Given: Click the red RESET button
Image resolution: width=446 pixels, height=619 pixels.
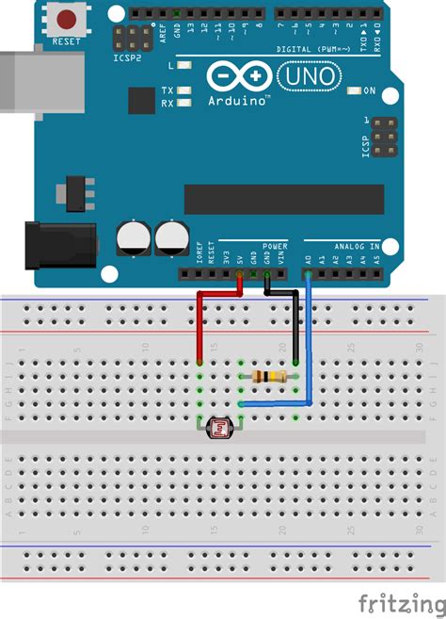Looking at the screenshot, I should (x=67, y=19).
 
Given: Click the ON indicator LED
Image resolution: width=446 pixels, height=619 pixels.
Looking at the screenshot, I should (x=355, y=91).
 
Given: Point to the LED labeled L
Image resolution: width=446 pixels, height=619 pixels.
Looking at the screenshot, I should (x=185, y=66).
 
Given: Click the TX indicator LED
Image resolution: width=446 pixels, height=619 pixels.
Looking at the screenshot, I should (x=185, y=90).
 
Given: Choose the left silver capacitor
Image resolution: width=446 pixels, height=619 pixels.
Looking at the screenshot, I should (x=133, y=237).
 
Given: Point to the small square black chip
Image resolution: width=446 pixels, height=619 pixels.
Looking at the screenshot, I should (x=141, y=101).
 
